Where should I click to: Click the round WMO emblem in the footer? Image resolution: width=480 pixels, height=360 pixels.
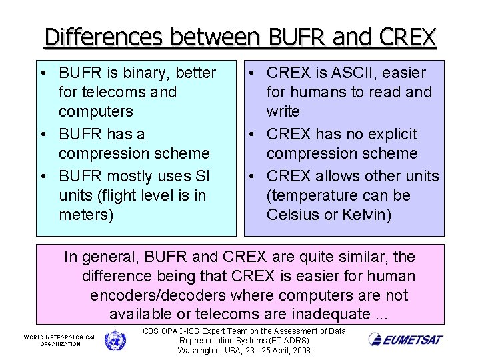pyautogui.click(x=115, y=340)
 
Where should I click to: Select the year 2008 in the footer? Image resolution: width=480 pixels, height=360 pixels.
pyautogui.click(x=299, y=350)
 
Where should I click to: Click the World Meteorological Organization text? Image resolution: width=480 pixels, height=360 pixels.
pyautogui.click(x=60, y=341)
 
